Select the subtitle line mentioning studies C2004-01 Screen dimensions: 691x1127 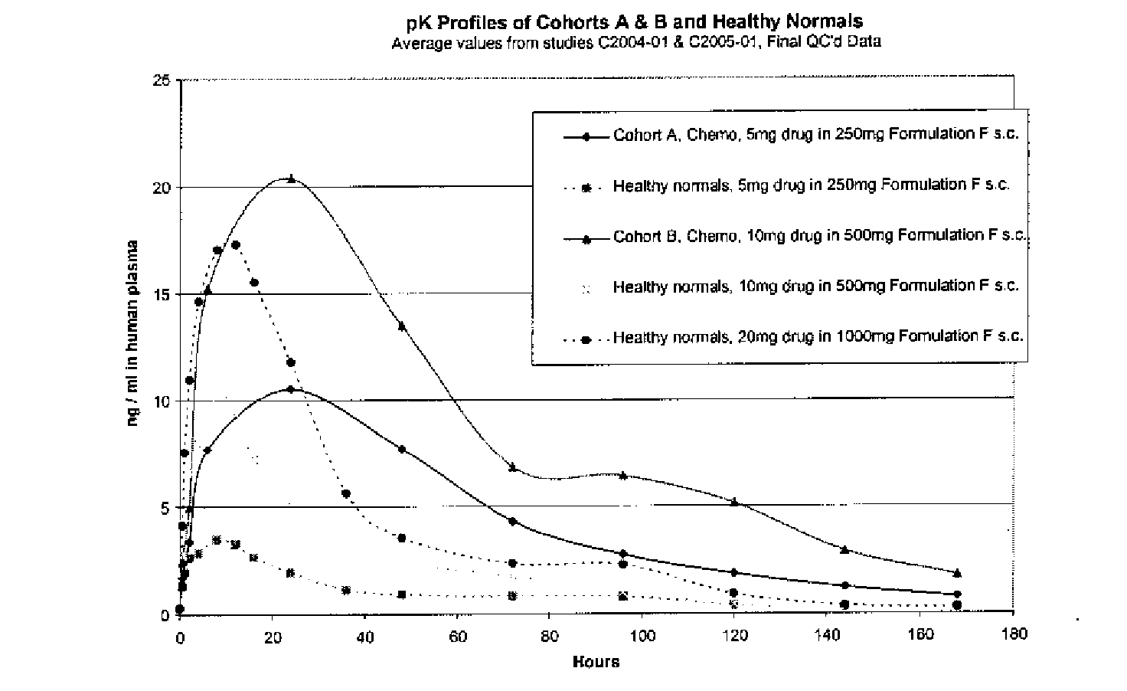point(635,42)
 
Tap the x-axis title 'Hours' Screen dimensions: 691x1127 point(596,662)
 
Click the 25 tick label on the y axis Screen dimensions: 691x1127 point(162,80)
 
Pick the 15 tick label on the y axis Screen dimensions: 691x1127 point(162,294)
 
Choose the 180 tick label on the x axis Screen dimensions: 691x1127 point(1013,634)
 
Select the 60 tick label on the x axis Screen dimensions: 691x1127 point(458,634)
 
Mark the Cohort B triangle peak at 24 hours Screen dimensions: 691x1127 point(291,178)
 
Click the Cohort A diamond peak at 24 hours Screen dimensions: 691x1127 point(291,389)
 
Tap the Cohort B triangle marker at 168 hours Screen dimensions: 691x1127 point(957,572)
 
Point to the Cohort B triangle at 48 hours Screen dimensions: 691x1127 point(402,326)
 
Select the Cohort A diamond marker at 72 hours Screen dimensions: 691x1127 point(513,521)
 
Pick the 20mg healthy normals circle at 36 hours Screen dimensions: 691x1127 point(346,493)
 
